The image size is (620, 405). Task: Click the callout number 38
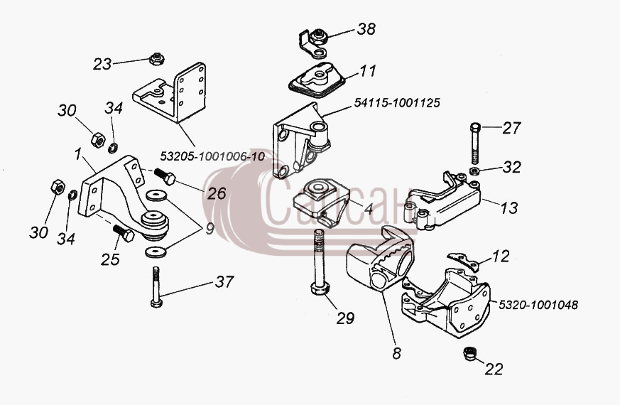coord(366,29)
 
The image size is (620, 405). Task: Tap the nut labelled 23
coord(157,59)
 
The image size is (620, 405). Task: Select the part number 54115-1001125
coord(396,103)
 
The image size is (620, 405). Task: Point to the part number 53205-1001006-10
coord(212,156)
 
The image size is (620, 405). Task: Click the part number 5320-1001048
coord(538,305)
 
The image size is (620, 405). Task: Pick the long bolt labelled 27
coord(476,144)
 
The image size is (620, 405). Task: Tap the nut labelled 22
coord(469,353)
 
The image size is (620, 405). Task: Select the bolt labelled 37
coord(156,287)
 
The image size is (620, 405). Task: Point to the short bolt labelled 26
coord(165,176)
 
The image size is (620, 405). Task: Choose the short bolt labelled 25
coord(124,233)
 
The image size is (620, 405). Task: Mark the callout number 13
coord(509,207)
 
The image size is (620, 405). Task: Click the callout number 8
coord(396,353)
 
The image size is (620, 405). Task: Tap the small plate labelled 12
coord(463,261)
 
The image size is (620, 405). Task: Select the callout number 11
coord(368,71)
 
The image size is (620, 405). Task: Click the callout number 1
coord(78,154)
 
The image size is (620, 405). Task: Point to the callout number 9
coord(210,229)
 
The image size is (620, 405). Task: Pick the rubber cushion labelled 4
coord(322,202)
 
